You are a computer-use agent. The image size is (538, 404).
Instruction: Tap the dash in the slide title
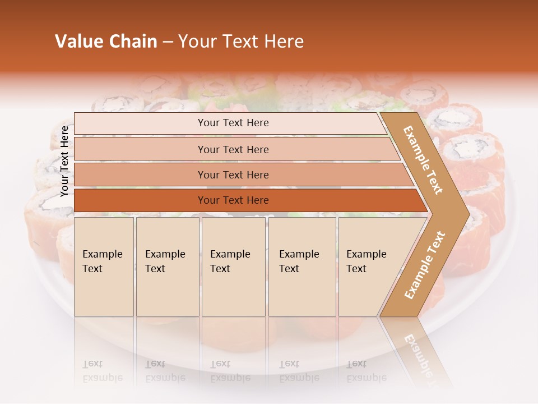(167, 42)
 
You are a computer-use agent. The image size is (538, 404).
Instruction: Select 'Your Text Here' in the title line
(241, 42)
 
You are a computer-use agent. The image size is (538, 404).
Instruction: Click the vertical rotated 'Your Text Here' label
(64, 161)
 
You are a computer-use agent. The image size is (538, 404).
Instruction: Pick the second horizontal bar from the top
(233, 149)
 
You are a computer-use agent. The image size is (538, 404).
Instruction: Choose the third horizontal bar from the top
(233, 175)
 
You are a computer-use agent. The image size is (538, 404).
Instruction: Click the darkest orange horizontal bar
(233, 200)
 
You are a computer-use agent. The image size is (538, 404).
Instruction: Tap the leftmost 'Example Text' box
(104, 266)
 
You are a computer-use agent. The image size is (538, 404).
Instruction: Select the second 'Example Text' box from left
(167, 266)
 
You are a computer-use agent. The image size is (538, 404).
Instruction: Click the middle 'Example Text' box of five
(233, 266)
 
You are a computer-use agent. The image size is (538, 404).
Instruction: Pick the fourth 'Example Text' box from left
(302, 266)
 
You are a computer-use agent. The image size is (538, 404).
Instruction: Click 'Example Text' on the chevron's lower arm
(425, 265)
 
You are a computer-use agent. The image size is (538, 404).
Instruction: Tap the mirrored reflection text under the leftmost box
(102, 371)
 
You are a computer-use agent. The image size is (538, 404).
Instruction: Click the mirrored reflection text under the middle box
(230, 371)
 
